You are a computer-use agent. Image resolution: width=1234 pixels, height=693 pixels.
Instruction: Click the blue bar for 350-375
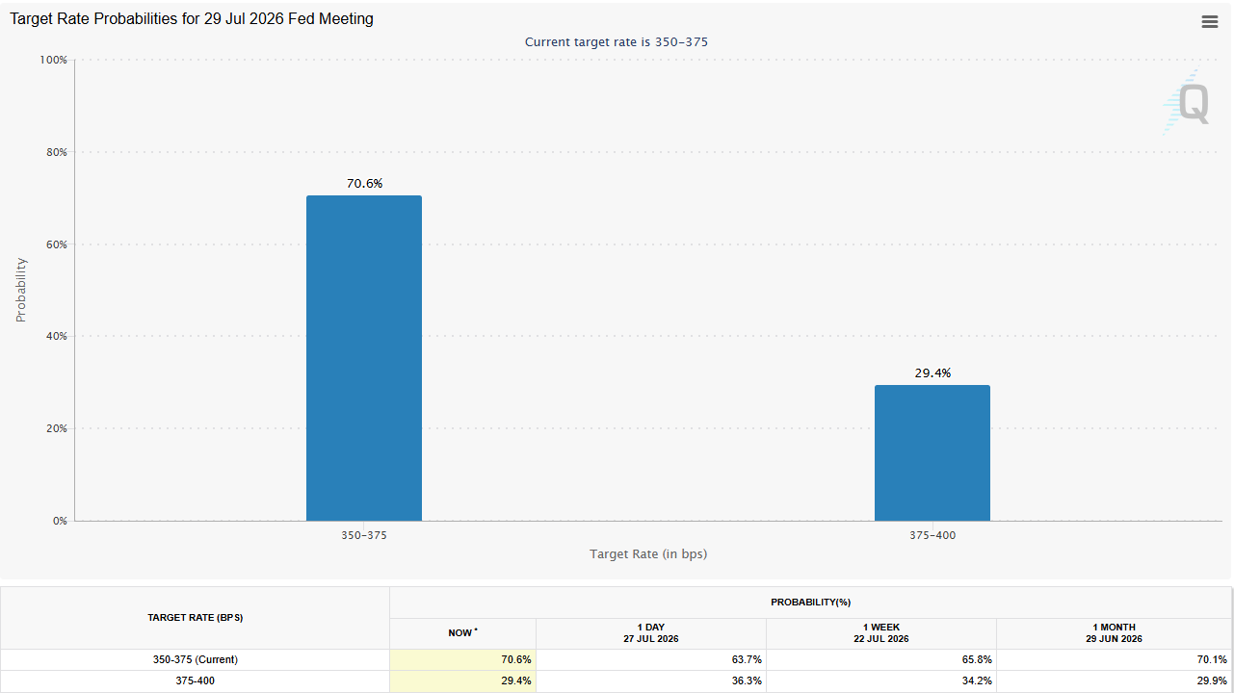point(364,358)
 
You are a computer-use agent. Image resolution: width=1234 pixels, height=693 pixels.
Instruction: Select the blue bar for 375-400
point(932,452)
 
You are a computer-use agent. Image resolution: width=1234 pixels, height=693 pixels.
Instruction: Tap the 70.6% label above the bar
point(365,183)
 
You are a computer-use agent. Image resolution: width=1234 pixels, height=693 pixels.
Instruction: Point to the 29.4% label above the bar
point(932,372)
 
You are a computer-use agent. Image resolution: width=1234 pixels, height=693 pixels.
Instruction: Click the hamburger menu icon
point(1210,21)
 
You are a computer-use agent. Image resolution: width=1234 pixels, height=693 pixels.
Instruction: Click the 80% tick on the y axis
point(57,152)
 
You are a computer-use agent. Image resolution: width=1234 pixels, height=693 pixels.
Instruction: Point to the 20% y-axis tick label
point(57,428)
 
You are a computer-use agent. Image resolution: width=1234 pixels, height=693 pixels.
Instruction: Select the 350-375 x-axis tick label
point(363,535)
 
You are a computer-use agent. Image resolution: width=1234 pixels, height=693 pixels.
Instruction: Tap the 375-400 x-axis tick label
point(932,535)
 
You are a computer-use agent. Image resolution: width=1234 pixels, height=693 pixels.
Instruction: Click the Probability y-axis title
point(20,290)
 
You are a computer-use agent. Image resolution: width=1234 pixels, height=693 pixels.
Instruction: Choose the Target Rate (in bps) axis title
point(648,553)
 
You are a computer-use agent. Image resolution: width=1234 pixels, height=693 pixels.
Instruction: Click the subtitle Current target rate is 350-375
point(616,41)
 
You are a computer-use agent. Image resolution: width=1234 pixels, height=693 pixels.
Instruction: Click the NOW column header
point(462,633)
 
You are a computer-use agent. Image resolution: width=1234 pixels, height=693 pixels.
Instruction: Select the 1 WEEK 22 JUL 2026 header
point(880,633)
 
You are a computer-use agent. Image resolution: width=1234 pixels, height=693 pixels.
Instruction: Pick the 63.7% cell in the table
point(747,659)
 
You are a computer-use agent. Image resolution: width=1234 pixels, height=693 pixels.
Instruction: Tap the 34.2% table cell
point(977,680)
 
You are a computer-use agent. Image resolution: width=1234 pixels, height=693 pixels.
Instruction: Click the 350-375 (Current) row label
point(195,659)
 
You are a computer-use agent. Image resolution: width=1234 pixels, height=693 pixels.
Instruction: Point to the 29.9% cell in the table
point(1212,680)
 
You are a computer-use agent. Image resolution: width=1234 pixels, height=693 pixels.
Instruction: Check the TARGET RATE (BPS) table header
point(195,618)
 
